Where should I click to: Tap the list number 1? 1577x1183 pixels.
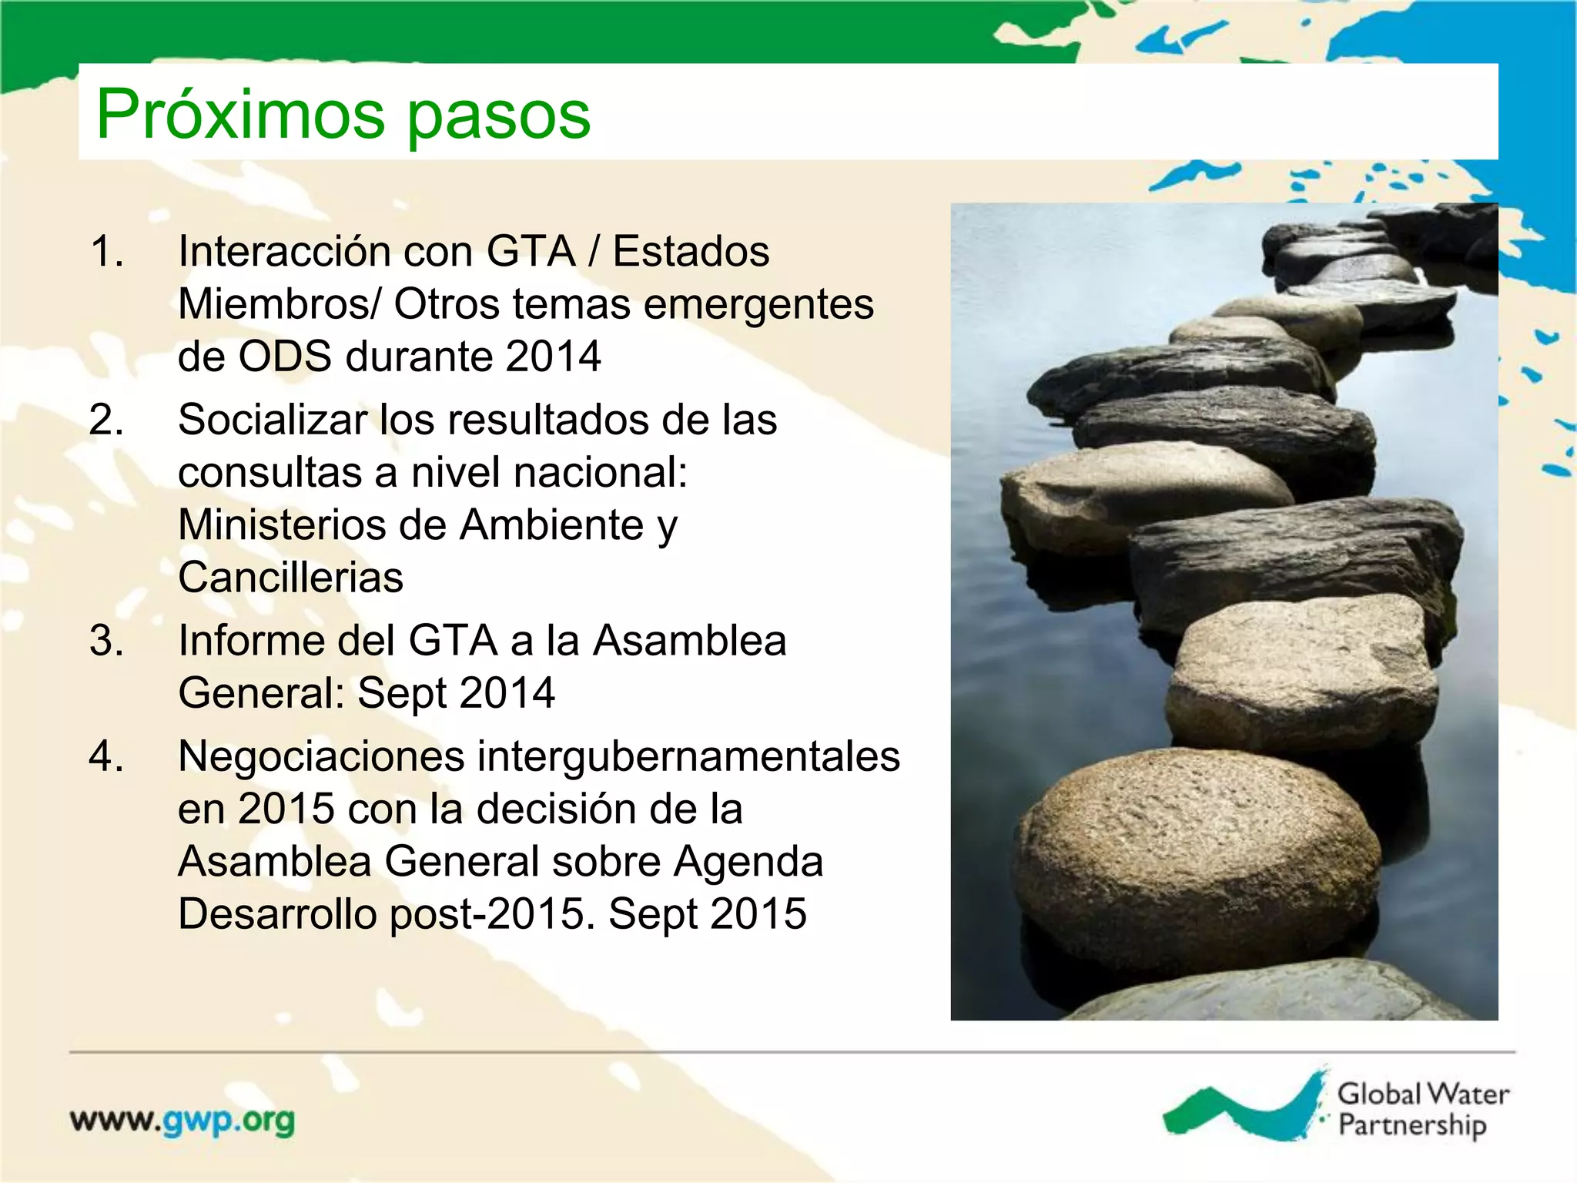tap(107, 252)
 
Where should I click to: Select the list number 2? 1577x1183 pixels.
tap(107, 421)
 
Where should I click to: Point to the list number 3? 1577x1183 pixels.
tap(107, 641)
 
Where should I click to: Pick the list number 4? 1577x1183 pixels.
tap(107, 756)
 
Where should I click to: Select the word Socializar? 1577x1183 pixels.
tap(273, 421)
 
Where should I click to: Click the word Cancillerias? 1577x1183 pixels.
tap(290, 578)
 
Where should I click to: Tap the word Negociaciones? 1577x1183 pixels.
tap(321, 756)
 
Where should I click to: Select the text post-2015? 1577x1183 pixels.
tap(493, 914)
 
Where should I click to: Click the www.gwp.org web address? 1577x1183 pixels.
tap(182, 1121)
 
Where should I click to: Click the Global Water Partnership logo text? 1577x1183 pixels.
tap(1422, 1109)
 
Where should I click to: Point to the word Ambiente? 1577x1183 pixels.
tap(551, 525)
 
